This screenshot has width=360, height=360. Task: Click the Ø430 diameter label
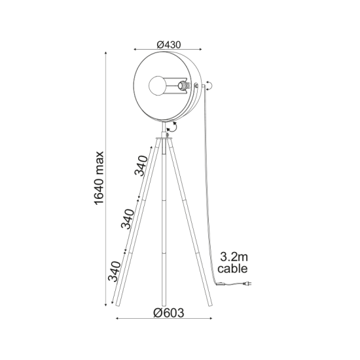(169, 44)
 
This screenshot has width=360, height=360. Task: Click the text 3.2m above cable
(234, 256)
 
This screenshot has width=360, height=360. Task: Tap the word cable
(234, 268)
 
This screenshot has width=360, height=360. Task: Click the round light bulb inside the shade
(157, 85)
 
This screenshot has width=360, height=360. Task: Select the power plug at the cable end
(245, 283)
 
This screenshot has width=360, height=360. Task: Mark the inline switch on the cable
(224, 283)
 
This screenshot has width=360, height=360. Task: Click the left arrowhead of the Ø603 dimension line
(117, 319)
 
